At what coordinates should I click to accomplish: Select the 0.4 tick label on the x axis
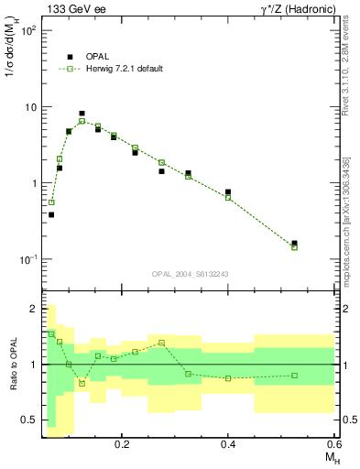(228, 444)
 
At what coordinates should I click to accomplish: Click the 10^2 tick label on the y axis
(28, 30)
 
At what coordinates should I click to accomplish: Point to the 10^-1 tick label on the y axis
(28, 260)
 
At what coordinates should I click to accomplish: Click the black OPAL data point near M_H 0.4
(228, 192)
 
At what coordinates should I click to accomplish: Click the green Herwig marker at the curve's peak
(82, 121)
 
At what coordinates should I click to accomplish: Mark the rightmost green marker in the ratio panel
(294, 375)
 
